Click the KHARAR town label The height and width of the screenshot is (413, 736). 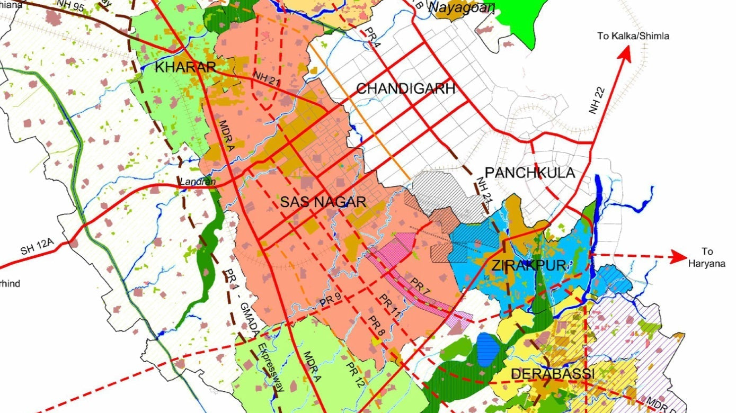pos(185,67)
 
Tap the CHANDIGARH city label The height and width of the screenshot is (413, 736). pos(405,88)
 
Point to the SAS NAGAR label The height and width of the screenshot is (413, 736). pos(323,202)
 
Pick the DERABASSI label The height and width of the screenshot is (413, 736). pos(553,374)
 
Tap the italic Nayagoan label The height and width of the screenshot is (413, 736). pos(461,7)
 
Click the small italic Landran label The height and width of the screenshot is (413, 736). pos(198,182)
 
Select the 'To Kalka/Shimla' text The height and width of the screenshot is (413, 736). pos(633,36)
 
